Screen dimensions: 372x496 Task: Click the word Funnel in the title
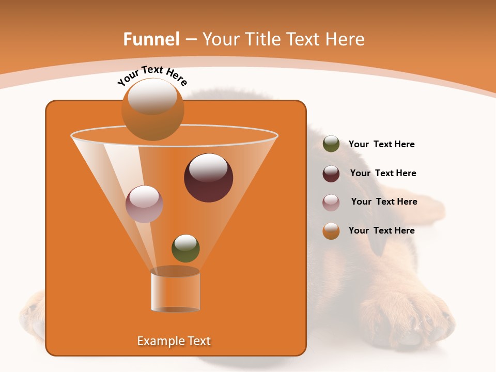(151, 39)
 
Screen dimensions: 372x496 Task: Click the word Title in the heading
(262, 39)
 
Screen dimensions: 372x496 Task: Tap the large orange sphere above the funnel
(152, 110)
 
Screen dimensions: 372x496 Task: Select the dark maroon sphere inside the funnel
(208, 178)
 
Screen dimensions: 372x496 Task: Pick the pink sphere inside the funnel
(144, 204)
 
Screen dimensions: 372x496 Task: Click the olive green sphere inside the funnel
(185, 248)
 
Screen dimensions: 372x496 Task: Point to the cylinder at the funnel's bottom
(175, 292)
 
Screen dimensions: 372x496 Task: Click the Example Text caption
(174, 341)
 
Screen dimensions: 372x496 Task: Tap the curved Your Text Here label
(152, 75)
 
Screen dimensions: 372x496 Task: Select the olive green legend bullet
(331, 144)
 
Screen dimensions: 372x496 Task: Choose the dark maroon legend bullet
(331, 174)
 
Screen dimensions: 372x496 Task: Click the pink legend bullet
(331, 203)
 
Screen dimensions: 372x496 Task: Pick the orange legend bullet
(331, 231)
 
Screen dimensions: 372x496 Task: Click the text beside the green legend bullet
(381, 144)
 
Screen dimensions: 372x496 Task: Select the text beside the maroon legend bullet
(383, 173)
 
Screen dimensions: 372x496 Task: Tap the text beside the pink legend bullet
(384, 202)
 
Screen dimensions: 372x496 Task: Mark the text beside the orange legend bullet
(381, 230)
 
